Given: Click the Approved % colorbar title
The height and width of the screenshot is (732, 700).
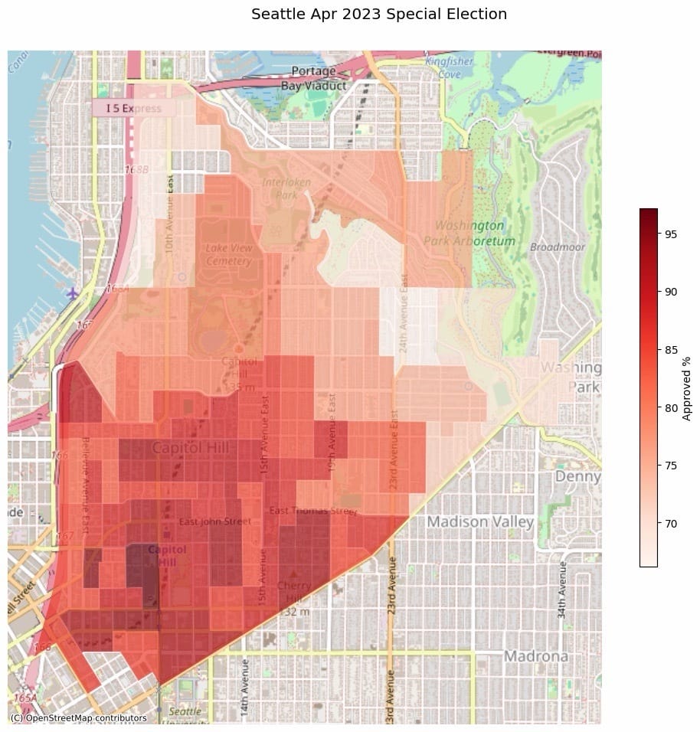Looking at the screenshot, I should (687, 387).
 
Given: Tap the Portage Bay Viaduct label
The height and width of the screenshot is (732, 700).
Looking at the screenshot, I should (313, 79).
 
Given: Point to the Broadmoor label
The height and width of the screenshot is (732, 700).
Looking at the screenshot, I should (558, 247).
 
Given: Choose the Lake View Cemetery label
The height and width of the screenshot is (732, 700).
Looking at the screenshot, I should (229, 255).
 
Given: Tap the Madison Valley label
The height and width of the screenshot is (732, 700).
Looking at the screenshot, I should (479, 521).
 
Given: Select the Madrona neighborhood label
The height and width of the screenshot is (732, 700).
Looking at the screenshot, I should (535, 656).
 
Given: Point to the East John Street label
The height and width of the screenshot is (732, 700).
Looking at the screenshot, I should (214, 522).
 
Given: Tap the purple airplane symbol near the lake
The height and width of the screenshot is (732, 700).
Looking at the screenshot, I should (72, 293).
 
